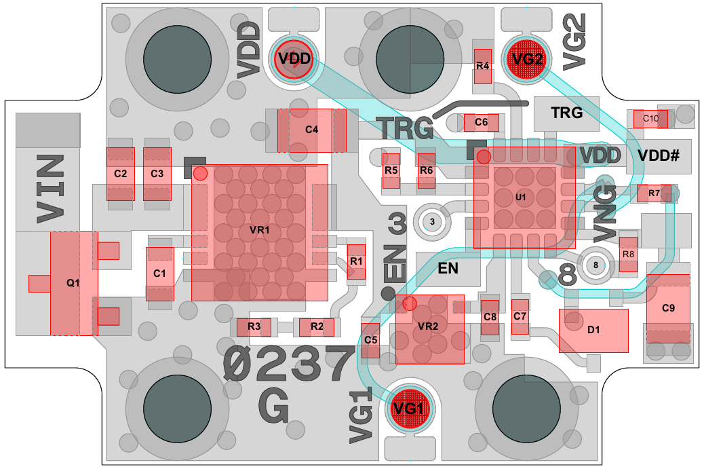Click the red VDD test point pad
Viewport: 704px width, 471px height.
pos(294,58)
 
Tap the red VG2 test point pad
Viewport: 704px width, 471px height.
pos(528,59)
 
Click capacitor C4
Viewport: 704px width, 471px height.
pos(311,130)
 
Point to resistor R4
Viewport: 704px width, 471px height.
pos(482,66)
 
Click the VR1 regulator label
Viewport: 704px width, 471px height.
pos(260,230)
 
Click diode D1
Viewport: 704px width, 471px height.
pos(593,331)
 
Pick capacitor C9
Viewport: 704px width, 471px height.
pos(668,308)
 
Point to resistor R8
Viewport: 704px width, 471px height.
pos(629,255)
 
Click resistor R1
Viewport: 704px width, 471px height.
pos(356,261)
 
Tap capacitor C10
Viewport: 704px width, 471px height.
pos(650,119)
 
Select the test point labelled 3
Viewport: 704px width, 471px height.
pos(431,221)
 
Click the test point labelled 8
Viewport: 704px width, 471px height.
pos(595,265)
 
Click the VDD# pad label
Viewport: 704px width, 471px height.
pos(658,156)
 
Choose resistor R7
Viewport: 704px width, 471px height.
pos(654,193)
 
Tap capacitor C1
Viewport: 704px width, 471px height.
pos(160,274)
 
